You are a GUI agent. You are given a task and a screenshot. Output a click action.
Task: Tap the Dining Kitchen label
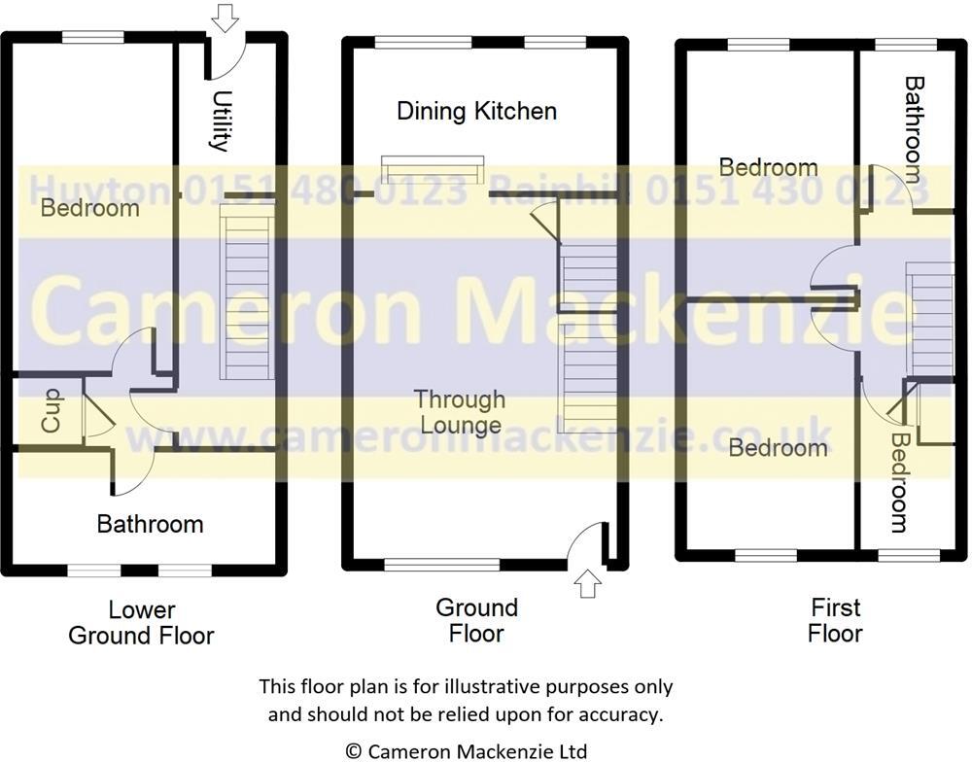476,111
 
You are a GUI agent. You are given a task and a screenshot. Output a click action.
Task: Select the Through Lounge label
459,411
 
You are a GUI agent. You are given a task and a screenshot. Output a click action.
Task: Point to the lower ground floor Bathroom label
150,525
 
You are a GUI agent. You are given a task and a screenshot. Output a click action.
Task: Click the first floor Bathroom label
914,129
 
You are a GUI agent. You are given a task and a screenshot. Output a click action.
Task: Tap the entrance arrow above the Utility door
225,17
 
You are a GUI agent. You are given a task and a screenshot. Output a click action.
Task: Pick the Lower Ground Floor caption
142,623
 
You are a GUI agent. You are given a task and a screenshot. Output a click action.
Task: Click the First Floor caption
836,620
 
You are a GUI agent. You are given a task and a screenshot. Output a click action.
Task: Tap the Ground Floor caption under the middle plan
476,620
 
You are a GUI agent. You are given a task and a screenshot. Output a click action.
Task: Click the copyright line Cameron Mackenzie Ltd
467,750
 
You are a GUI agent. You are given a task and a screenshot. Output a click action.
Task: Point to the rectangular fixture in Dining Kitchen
433,170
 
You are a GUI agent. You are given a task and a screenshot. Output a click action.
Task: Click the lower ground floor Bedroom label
89,208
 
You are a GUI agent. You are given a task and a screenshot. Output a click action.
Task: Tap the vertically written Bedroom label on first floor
899,483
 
